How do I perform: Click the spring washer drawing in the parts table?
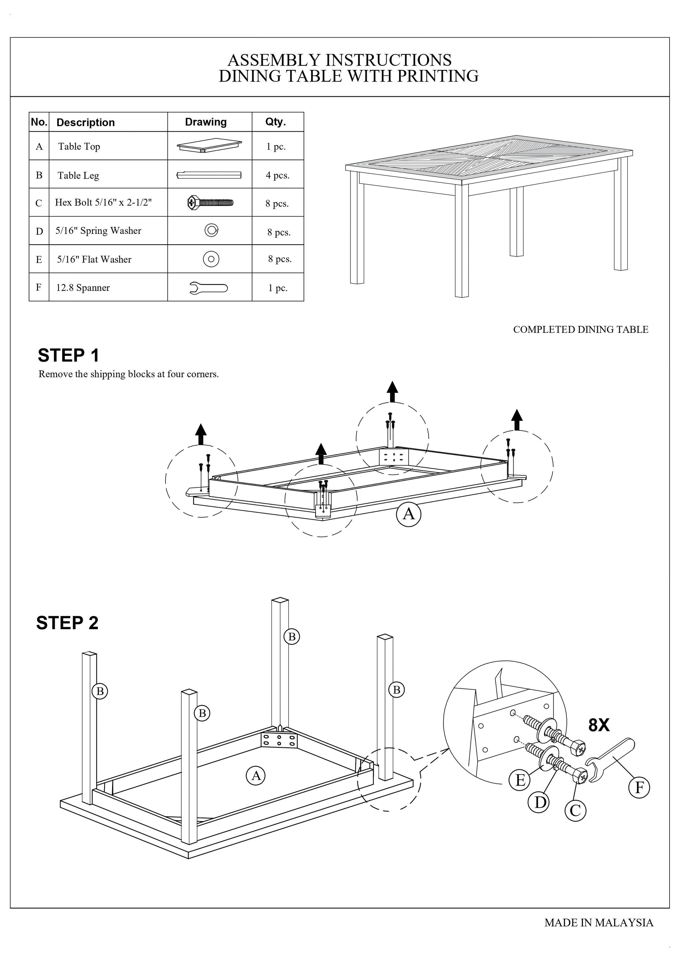tap(211, 230)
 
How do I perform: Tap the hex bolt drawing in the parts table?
tap(210, 203)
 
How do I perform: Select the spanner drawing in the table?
tap(209, 288)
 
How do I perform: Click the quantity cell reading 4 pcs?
tap(277, 175)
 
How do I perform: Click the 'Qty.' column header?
tap(275, 122)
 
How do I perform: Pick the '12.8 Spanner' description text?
tap(83, 288)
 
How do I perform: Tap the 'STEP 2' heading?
tap(67, 623)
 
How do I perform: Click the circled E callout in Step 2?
tap(520, 780)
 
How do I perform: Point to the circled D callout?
tap(540, 802)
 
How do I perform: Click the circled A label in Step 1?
tap(408, 514)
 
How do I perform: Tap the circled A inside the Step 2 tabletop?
tap(256, 776)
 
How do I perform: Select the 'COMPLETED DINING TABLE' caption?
tap(580, 330)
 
